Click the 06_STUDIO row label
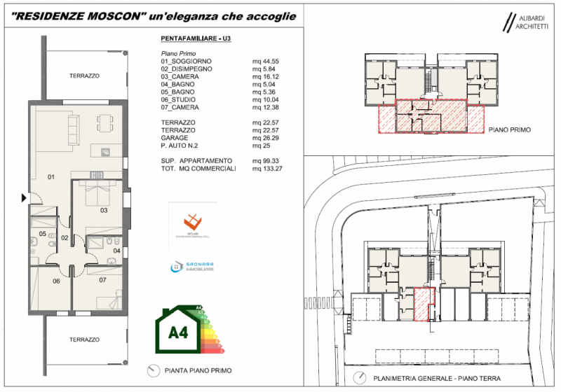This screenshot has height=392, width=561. point(180,100)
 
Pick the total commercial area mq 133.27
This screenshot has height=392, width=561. point(267,169)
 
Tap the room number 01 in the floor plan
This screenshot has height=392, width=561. point(50,176)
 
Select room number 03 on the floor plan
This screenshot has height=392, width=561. point(103,210)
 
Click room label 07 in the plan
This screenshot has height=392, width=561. point(102,281)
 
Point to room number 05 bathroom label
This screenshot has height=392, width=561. point(42,234)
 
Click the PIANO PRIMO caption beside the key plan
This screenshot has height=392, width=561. point(510,130)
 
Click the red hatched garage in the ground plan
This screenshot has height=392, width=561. point(422,304)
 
